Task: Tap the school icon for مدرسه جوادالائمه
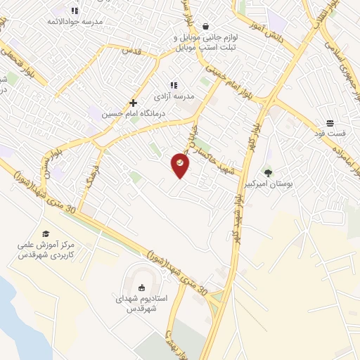pyautogui.click(x=75, y=11)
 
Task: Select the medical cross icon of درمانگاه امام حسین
pyautogui.click(x=133, y=103)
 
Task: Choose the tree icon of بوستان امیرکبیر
pyautogui.click(x=267, y=172)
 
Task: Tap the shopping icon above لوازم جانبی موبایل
pyautogui.click(x=205, y=25)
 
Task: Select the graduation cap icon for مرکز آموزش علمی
pyautogui.click(x=46, y=233)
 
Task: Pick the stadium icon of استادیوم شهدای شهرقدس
pyautogui.click(x=142, y=287)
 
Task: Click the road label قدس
pyautogui.click(x=132, y=51)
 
